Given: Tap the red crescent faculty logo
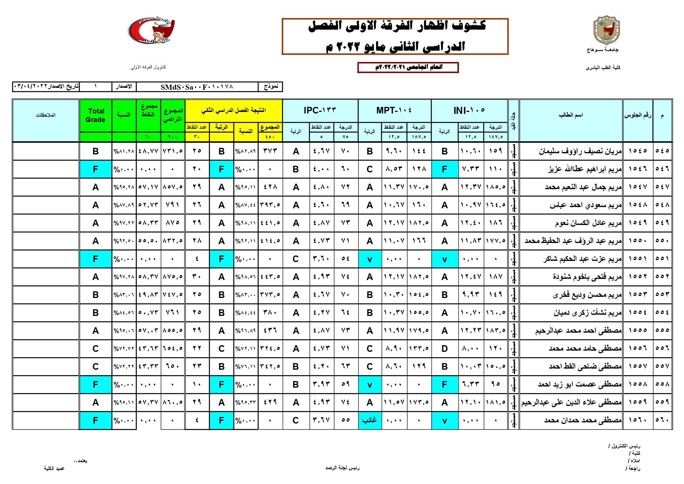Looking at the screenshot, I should point(152,30).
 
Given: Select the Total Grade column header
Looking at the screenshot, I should point(96,115).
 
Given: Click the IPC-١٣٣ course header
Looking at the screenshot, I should point(320,111).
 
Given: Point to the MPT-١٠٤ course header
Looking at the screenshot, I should point(394,111).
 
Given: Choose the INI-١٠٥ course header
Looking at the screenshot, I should point(469,111).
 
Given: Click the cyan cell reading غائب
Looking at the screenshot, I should point(370,420).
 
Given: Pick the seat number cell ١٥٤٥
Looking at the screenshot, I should point(638,151).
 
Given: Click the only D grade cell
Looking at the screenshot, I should point(444,349).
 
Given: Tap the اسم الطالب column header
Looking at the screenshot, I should point(571,115).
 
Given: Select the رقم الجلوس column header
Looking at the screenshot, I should point(638,115).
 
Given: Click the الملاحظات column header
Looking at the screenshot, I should point(46,115).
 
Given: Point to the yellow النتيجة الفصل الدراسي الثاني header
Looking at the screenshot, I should point(233,110).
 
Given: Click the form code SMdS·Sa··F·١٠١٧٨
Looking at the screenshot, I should point(197,87).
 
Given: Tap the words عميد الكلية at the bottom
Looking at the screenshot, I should point(54,468).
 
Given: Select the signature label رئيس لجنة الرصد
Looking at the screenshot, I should point(342,468).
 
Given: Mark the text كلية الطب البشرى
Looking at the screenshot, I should point(603,67).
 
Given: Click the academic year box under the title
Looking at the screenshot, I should point(408,67).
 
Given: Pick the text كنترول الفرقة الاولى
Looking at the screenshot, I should point(148,67).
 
